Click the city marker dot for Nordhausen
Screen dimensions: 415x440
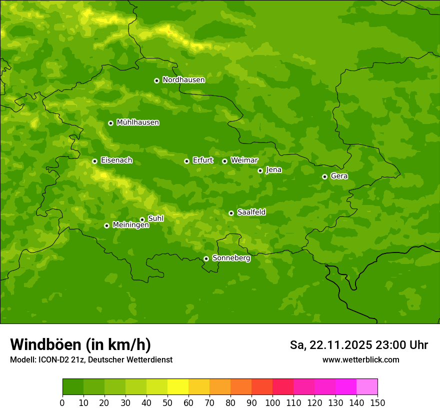click(x=156, y=80)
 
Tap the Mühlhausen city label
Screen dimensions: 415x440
click(x=137, y=122)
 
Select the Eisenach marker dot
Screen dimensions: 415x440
click(x=94, y=161)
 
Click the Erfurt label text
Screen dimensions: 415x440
click(x=202, y=160)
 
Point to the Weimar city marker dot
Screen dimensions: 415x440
click(x=224, y=161)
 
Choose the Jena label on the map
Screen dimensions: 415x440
click(x=273, y=170)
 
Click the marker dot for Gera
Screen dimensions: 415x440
click(x=324, y=176)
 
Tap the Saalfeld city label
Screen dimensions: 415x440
click(x=251, y=212)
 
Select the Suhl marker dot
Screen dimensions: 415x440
click(x=142, y=219)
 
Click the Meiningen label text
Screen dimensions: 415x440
click(x=130, y=225)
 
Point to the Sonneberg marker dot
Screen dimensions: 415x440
click(x=206, y=259)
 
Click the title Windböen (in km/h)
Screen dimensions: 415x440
click(x=80, y=344)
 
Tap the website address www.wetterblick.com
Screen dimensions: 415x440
click(x=360, y=360)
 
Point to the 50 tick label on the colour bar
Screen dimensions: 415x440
click(x=167, y=402)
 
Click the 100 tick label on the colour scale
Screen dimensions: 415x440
click(x=272, y=402)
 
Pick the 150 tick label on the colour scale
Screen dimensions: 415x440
click(x=377, y=402)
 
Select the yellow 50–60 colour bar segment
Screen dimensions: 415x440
click(x=178, y=387)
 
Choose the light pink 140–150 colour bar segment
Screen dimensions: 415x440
click(x=367, y=387)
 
